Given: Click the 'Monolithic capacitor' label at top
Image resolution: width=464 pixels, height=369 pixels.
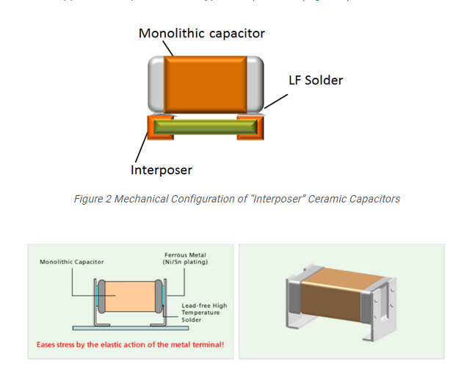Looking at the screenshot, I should click(x=202, y=33).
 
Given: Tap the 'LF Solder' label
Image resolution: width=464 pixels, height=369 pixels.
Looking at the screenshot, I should click(x=315, y=80).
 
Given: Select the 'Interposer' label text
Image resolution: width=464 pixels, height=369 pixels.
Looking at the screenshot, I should click(x=161, y=170).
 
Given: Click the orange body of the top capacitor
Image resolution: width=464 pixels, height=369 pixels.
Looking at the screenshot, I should click(x=206, y=83).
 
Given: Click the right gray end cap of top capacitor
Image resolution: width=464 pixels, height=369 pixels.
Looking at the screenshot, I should click(x=255, y=83).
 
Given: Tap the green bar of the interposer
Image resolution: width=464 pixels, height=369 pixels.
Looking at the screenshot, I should click(x=205, y=127).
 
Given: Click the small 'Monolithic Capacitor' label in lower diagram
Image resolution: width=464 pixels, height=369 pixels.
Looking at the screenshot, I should click(x=72, y=261).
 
